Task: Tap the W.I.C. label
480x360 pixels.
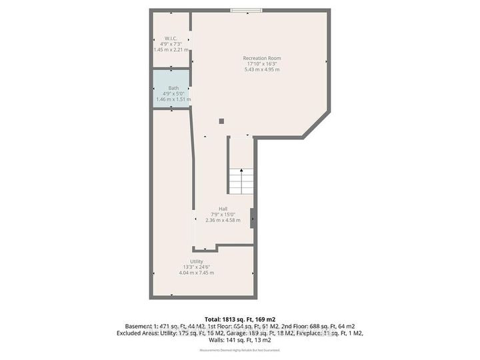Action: [170, 38]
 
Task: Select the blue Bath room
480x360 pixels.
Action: [171, 89]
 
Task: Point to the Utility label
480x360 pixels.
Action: [196, 261]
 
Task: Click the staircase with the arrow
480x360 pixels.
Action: [241, 180]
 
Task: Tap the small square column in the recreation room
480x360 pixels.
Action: [222, 121]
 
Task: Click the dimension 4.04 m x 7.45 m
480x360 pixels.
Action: [196, 273]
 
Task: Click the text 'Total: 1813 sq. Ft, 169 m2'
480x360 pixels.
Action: [240, 318]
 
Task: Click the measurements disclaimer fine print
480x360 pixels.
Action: [240, 350]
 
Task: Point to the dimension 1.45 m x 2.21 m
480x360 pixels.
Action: [171, 49]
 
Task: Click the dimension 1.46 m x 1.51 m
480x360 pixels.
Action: [173, 100]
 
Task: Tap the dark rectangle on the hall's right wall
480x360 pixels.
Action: [252, 218]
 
